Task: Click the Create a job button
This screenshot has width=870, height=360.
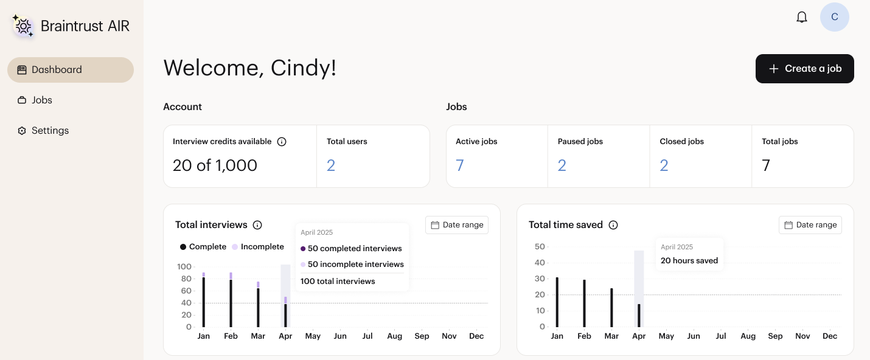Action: (x=804, y=69)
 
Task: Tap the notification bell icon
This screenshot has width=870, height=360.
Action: (x=802, y=17)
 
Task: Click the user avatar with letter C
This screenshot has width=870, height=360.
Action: (x=834, y=17)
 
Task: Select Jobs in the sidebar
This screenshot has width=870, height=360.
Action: (x=41, y=100)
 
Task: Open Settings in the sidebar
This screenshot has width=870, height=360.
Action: (x=50, y=131)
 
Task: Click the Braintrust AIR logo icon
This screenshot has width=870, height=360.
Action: (x=23, y=26)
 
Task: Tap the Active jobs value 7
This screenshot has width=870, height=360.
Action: (x=460, y=165)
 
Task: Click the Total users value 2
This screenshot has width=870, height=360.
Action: (x=331, y=165)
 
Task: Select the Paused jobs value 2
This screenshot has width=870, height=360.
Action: (x=562, y=165)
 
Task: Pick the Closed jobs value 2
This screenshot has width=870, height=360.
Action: (x=664, y=165)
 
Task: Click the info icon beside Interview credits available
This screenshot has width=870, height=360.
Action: (x=282, y=142)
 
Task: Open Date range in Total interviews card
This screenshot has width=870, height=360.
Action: (x=457, y=225)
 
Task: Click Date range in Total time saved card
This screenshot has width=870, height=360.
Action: (x=810, y=225)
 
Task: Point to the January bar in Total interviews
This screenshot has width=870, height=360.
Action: (x=204, y=301)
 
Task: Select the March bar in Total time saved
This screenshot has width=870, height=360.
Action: (x=611, y=307)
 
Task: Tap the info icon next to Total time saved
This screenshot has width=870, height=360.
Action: (x=613, y=225)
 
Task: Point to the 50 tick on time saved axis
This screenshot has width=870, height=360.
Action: (x=540, y=246)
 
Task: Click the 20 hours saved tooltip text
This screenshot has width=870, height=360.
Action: (x=689, y=261)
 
